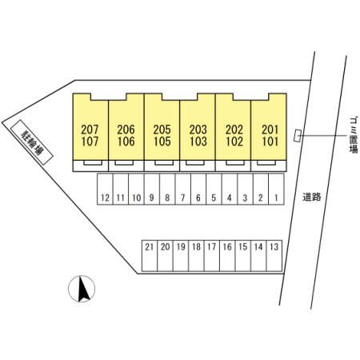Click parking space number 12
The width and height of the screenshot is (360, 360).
(106, 189)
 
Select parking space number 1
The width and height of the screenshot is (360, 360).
(276, 189)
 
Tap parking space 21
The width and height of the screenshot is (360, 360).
(150, 256)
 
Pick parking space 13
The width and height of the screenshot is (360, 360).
(274, 256)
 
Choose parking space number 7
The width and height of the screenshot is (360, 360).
(183, 189)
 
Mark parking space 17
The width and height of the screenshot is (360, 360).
(212, 256)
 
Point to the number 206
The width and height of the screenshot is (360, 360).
(126, 130)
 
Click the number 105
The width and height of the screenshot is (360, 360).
(162, 142)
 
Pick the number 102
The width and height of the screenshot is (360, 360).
(234, 142)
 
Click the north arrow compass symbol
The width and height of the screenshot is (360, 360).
(82, 289)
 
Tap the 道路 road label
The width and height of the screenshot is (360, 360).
(311, 197)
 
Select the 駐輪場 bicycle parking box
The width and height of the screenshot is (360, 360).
(31, 142)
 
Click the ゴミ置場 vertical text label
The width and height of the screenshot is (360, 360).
(354, 134)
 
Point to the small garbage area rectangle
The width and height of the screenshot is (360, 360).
(298, 135)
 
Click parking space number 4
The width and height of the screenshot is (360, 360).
(230, 189)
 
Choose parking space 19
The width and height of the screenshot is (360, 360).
(181, 256)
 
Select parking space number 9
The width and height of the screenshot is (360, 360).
(152, 189)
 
